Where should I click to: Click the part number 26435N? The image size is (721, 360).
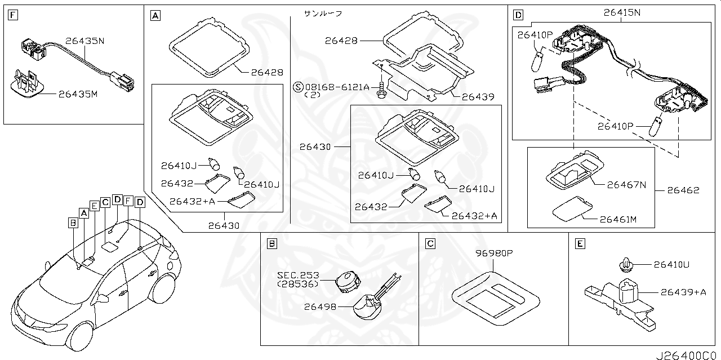[x=84, y=41]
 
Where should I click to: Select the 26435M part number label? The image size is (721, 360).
[x=78, y=94]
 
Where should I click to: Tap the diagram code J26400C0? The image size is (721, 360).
[x=687, y=355]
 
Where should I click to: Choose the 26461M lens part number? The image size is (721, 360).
[x=618, y=219]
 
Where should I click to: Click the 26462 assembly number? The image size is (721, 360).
[x=683, y=190]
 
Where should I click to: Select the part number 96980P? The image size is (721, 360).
[x=494, y=254]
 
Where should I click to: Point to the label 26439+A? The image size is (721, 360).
[x=683, y=292]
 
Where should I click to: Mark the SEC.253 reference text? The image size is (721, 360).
[x=298, y=275]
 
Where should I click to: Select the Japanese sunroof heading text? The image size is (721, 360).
[x=323, y=12]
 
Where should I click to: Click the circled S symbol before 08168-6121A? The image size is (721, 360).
[x=299, y=87]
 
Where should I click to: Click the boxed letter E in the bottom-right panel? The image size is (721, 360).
[x=579, y=243]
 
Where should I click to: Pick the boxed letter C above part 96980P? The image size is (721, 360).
[x=430, y=243]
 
